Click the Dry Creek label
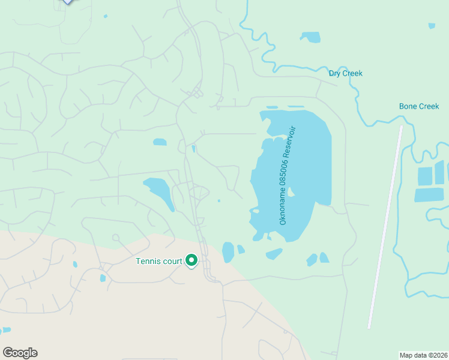345,73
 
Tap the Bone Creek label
419,106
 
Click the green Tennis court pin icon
191,260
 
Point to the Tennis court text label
158,260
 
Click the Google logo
20,353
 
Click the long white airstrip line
385,228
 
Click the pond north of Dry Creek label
310,37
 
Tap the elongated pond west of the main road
159,192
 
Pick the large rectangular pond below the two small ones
429,195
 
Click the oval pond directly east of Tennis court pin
228,252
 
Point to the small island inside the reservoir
291,193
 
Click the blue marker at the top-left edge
68,1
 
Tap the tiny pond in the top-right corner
432,26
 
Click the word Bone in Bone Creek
408,106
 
